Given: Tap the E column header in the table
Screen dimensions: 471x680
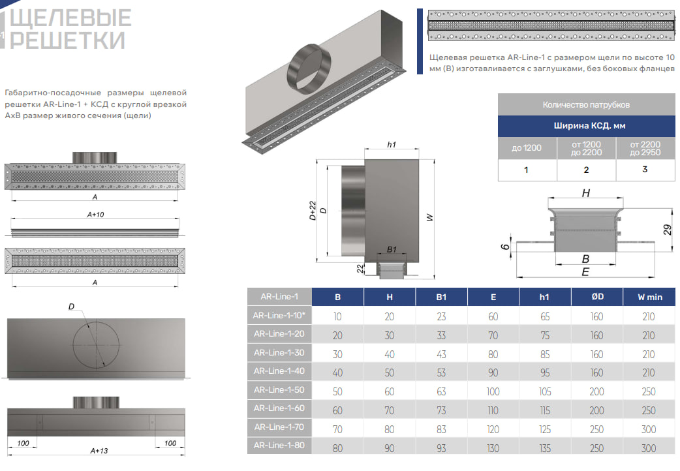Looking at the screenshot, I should click(493, 297).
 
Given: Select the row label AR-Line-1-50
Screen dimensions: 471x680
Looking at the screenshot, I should click(279, 390).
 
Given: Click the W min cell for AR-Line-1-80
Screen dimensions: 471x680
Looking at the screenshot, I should click(649, 448).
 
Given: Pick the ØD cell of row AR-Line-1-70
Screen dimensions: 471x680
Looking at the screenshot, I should click(596, 429).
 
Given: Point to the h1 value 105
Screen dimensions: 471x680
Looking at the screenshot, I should click(545, 391).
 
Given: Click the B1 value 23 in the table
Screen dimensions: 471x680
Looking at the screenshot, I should click(442, 316).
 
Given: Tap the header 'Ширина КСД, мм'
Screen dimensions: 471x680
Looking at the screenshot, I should click(586, 127).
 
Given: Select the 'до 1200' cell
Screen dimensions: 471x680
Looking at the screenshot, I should click(527, 148).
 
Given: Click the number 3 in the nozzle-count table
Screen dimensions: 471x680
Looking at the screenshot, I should click(645, 170).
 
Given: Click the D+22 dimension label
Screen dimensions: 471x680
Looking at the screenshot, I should click(313, 210).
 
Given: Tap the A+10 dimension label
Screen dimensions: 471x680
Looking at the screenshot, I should click(96, 214).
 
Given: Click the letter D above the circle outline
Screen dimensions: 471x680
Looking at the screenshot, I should click(71, 307).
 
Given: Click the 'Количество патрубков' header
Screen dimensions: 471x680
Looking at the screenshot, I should click(586, 105).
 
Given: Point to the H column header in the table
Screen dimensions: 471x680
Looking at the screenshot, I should click(390, 297).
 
